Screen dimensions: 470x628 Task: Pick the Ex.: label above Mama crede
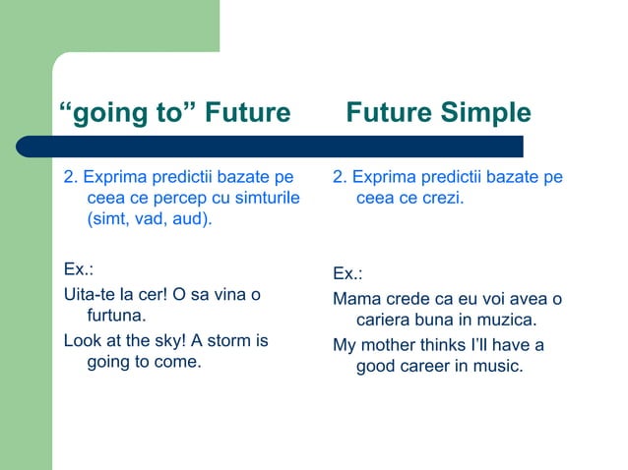[347, 273]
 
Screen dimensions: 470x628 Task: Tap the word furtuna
[117, 316]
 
